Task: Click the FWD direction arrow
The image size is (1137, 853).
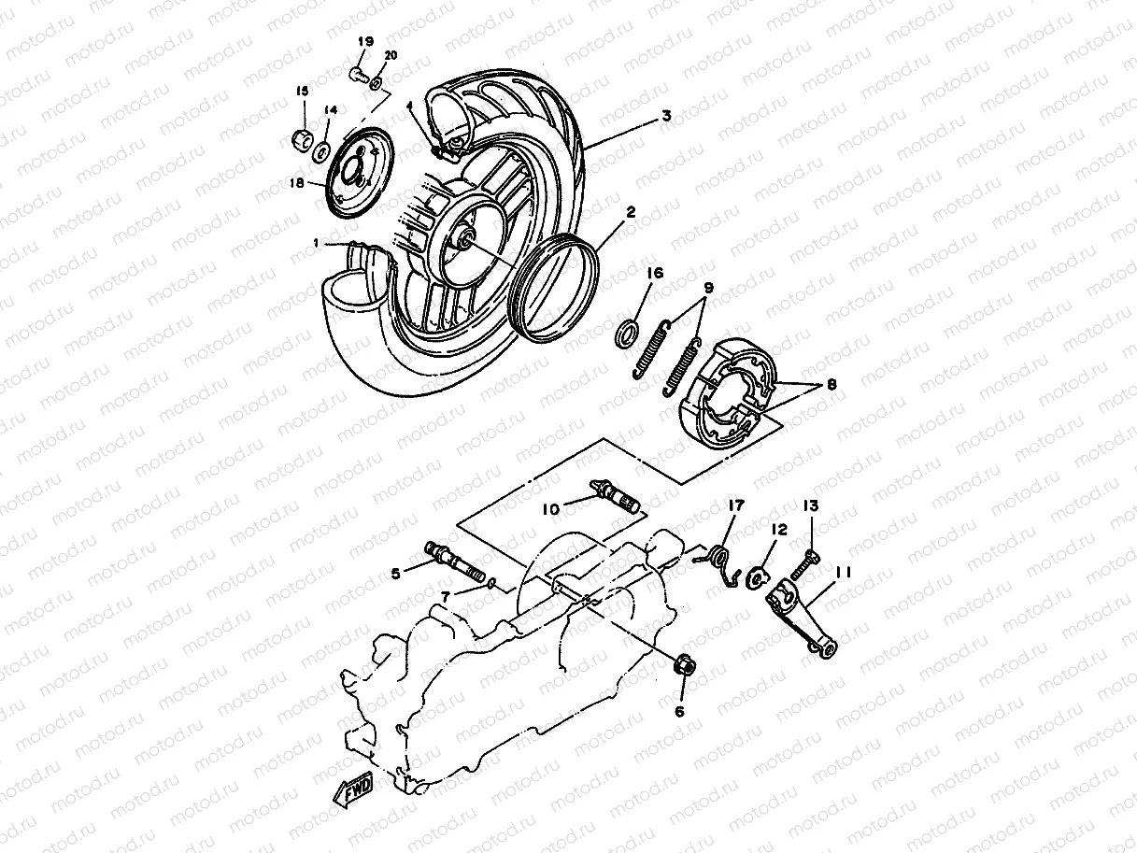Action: [352, 791]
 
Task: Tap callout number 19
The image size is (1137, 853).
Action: [364, 42]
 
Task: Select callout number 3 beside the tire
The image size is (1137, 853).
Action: [665, 117]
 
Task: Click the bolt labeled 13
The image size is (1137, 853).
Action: [806, 564]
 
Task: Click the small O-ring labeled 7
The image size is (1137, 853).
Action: [491, 585]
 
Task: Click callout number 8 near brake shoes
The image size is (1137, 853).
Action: [831, 384]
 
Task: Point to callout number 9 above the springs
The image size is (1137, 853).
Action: [708, 287]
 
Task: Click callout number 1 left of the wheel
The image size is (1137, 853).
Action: [318, 243]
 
